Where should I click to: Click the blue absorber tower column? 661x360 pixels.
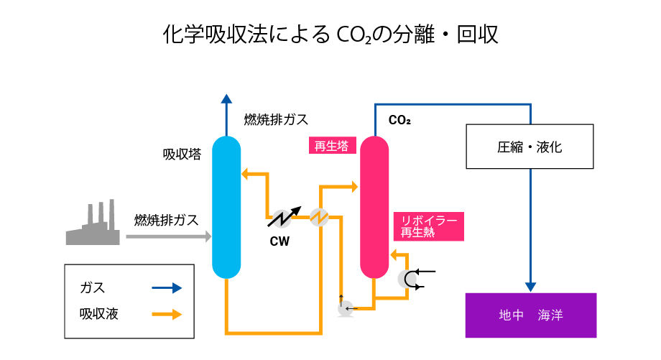(x=226, y=207)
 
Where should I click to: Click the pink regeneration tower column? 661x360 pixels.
(x=374, y=207)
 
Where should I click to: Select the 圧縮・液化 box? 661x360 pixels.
(x=530, y=147)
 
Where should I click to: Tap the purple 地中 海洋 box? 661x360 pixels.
(x=530, y=315)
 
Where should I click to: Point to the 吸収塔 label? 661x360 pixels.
(x=182, y=154)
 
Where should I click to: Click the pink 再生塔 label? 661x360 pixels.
(x=331, y=146)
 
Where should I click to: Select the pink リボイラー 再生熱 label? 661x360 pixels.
(x=429, y=226)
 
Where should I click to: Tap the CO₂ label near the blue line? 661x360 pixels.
(x=399, y=120)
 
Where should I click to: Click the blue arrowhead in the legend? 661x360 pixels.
(x=177, y=287)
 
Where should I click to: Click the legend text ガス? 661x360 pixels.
(x=93, y=287)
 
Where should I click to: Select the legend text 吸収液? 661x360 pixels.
(x=99, y=314)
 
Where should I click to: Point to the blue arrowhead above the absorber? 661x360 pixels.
(x=226, y=101)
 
